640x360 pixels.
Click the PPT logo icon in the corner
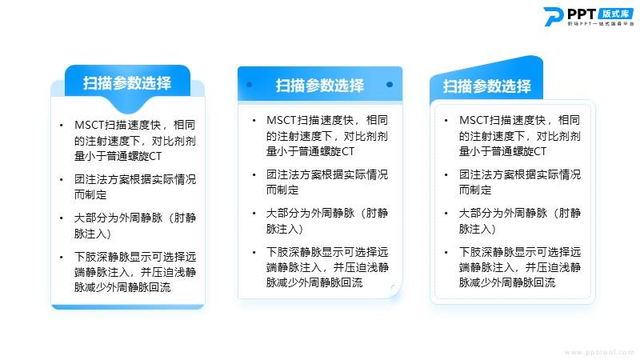click(554, 16)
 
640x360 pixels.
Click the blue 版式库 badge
click(616, 14)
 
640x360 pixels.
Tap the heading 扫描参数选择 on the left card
click(127, 83)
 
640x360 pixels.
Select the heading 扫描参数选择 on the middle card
click(319, 86)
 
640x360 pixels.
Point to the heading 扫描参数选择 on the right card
click(487, 86)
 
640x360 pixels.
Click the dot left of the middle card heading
click(250, 85)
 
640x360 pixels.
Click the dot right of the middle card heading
click(390, 85)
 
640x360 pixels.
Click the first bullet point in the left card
click(62, 126)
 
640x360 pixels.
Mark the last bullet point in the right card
click(446, 253)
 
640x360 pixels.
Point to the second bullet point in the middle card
click(254, 175)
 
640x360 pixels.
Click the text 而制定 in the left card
click(90, 194)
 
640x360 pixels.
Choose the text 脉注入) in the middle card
click(285, 229)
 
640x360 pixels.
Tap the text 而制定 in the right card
click(475, 190)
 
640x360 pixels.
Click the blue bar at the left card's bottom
click(128, 306)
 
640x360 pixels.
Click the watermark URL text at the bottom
click(599, 352)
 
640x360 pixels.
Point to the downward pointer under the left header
click(127, 105)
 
